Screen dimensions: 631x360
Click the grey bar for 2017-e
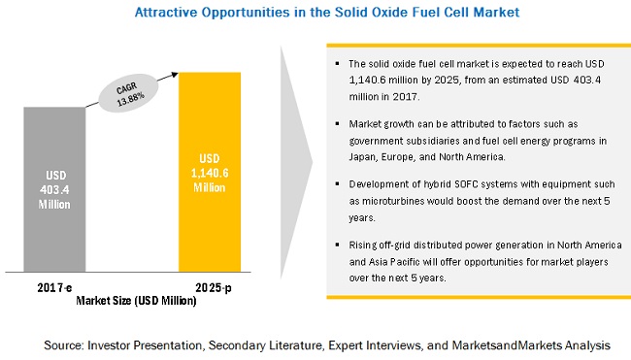coord(54,189)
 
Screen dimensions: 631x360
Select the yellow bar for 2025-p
coord(210,172)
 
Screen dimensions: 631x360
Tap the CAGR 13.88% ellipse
coord(128,93)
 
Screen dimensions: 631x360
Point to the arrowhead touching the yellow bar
coord(175,75)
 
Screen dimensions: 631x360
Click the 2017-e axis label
coord(54,287)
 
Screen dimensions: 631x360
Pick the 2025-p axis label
coord(214,287)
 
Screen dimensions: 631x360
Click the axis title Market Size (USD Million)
coord(136,301)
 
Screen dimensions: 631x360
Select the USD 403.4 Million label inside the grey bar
coord(54,190)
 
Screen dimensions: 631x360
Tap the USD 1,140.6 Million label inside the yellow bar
coord(210,173)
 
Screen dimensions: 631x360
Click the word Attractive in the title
coord(165,13)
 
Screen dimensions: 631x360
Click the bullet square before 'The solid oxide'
coord(337,63)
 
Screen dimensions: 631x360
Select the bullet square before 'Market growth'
coord(337,124)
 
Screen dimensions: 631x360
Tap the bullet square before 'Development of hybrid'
coord(337,184)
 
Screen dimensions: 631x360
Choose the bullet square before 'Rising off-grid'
coord(337,245)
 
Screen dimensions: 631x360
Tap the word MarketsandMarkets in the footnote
coord(507,345)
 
